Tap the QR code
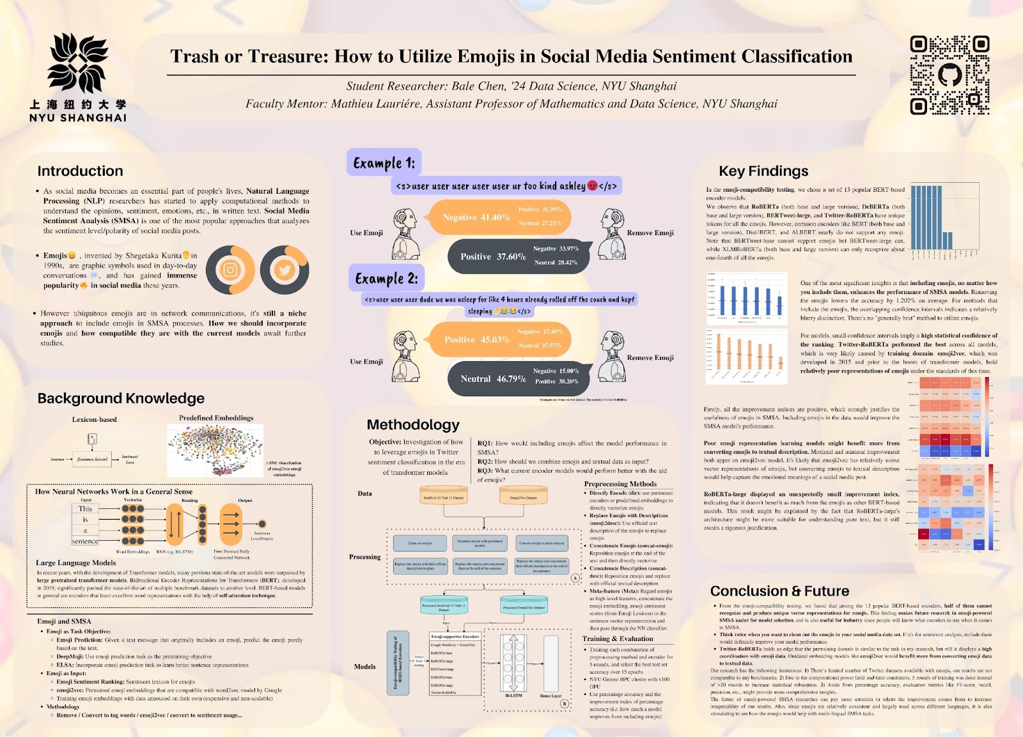pos(949,75)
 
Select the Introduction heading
pos(80,171)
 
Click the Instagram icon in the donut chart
pos(230,270)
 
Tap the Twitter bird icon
pos(285,270)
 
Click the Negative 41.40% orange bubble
pos(476,217)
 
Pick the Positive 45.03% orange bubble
pos(477,339)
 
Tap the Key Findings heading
pos(763,171)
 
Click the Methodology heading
pos(413,425)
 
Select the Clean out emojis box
pos(420,543)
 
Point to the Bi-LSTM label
pos(513,695)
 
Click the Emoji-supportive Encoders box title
pos(455,637)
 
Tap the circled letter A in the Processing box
pos(575,578)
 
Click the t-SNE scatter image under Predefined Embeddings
pos(215,451)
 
